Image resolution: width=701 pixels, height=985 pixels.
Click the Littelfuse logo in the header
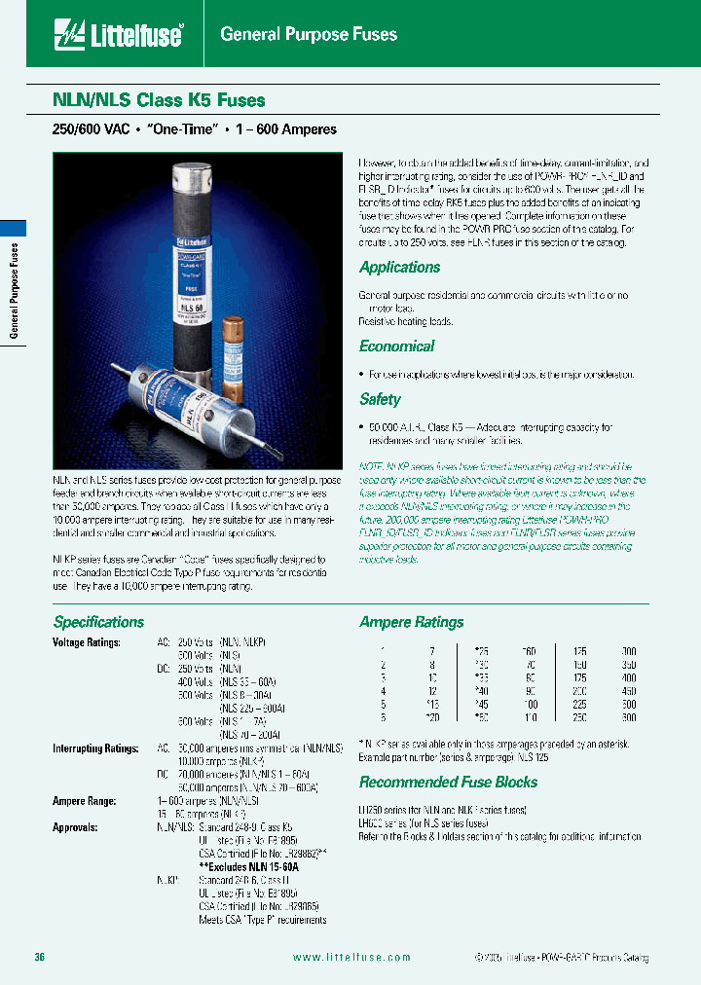[x=120, y=35]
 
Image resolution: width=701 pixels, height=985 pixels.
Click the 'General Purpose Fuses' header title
[x=309, y=35]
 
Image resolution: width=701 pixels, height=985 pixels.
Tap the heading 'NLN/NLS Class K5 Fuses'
[x=158, y=99]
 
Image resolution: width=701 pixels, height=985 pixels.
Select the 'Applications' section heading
[x=399, y=267]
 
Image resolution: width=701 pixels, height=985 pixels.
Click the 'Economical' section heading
[x=396, y=346]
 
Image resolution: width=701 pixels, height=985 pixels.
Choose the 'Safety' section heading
[x=380, y=399]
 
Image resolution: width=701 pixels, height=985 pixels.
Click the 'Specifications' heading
[x=98, y=622]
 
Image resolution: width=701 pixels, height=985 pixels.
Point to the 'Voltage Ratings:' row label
[x=87, y=642]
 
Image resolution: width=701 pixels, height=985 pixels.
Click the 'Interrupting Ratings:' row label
[x=92, y=748]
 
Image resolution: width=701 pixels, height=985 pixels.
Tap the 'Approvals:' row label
[x=75, y=826]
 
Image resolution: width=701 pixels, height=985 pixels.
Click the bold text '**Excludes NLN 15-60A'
[x=248, y=866]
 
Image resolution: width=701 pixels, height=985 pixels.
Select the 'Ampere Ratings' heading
[x=411, y=622]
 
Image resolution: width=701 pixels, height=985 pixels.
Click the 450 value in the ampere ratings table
[x=628, y=690]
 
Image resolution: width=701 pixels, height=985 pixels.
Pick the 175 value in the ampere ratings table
[x=581, y=676]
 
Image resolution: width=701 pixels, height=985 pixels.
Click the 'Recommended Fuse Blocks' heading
[x=448, y=782]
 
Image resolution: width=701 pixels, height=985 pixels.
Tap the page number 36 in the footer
[x=40, y=957]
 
